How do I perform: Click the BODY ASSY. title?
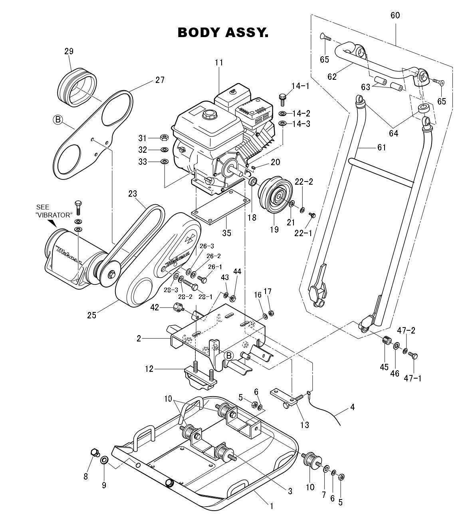point(223,33)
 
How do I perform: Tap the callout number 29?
point(69,51)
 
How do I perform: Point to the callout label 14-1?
point(300,86)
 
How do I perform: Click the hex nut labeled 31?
point(163,138)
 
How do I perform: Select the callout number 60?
point(395,16)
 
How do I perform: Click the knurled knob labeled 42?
point(178,307)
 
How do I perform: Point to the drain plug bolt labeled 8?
point(94,453)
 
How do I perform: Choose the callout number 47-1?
point(413,378)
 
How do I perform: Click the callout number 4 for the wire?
point(352,407)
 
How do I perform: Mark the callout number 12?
point(149,369)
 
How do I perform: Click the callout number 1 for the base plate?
point(272,506)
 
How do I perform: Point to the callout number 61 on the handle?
point(381,148)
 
